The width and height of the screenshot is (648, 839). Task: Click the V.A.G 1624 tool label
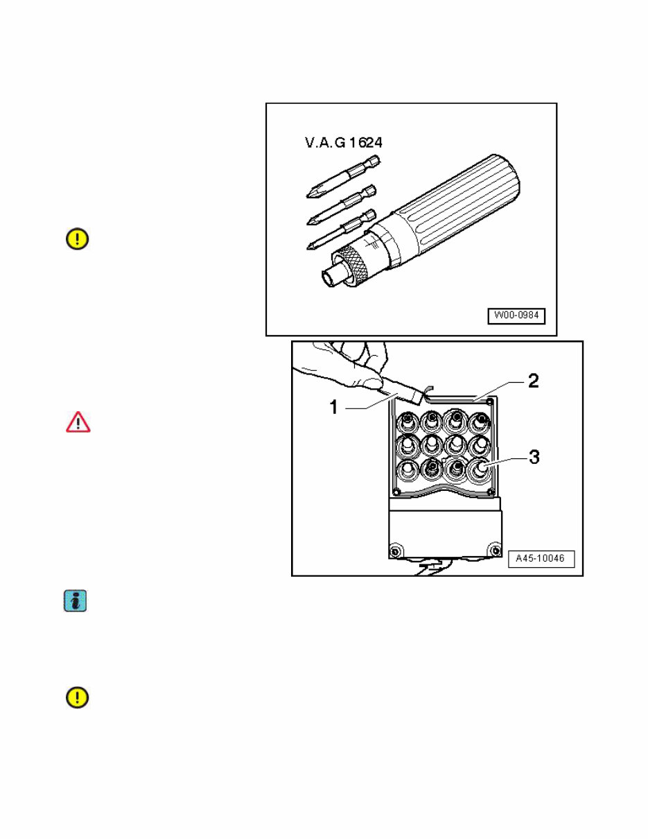pyautogui.click(x=344, y=144)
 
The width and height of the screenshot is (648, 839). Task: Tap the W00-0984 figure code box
pyautogui.click(x=516, y=316)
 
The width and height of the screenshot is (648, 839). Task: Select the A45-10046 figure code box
pyautogui.click(x=541, y=559)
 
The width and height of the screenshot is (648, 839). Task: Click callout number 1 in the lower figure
pyautogui.click(x=334, y=408)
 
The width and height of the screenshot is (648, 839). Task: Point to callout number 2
pyautogui.click(x=532, y=381)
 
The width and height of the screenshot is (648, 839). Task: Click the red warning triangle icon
pyautogui.click(x=78, y=422)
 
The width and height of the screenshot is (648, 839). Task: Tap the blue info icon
pyautogui.click(x=76, y=600)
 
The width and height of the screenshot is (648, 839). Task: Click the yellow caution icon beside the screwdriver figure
pyautogui.click(x=77, y=239)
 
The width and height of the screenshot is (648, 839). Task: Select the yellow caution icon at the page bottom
pyautogui.click(x=77, y=698)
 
